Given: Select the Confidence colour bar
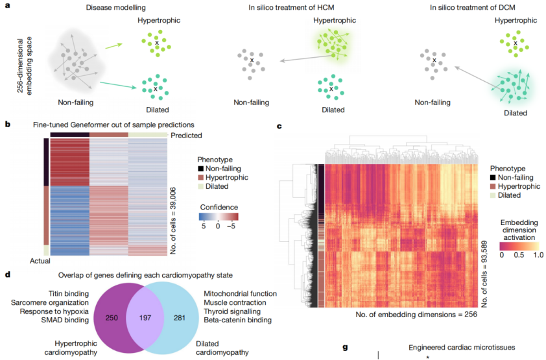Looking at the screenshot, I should click(219, 217).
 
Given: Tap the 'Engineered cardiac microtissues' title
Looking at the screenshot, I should click(461, 348).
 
